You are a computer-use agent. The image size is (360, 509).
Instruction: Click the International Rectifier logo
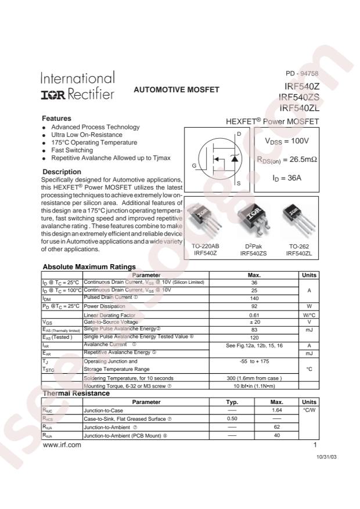(x=78, y=86)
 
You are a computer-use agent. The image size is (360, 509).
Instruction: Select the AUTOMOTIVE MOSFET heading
(x=177, y=90)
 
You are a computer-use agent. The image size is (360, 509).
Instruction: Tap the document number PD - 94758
(x=302, y=74)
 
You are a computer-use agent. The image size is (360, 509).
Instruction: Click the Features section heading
(x=56, y=118)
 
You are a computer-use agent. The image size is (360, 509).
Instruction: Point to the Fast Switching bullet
(x=72, y=150)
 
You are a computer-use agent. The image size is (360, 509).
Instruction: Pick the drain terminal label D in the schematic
(x=238, y=134)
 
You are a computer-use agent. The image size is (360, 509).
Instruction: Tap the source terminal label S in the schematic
(x=238, y=183)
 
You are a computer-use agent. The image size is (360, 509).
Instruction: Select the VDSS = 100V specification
(x=287, y=141)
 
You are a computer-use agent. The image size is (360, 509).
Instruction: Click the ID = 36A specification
(x=287, y=178)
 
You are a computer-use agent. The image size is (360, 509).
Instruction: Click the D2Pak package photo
(x=252, y=220)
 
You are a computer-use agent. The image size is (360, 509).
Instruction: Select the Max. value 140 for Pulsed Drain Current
(x=253, y=298)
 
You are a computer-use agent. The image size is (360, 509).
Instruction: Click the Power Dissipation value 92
(x=253, y=306)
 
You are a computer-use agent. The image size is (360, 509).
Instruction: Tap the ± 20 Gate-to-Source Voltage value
(x=253, y=322)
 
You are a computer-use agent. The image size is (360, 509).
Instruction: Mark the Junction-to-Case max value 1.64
(x=276, y=410)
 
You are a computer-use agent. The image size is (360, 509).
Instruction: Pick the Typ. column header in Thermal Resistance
(x=232, y=402)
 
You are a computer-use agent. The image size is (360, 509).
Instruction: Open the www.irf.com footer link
(x=62, y=445)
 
